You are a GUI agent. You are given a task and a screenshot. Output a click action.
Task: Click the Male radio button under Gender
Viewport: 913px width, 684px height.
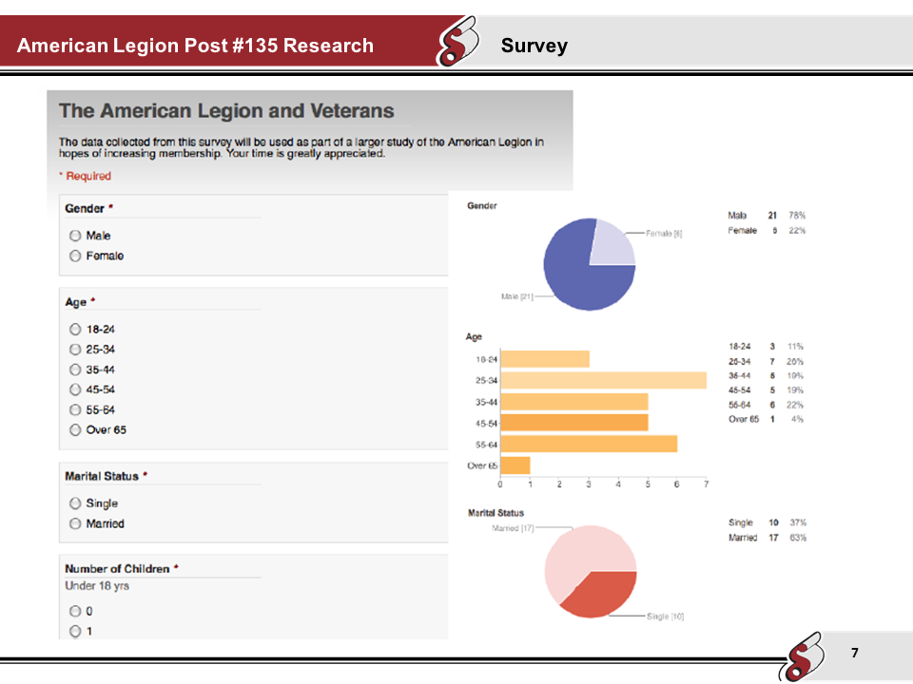click(x=74, y=236)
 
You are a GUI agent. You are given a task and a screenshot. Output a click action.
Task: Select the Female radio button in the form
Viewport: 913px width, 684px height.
click(x=74, y=256)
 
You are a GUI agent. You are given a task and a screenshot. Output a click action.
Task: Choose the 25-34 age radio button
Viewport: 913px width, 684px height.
click(x=74, y=350)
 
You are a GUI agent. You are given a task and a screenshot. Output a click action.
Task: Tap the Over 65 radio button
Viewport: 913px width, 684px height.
click(x=74, y=430)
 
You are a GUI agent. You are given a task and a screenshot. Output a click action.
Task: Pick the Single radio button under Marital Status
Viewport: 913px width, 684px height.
click(x=74, y=503)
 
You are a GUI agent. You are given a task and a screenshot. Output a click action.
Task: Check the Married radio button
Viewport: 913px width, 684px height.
click(x=74, y=524)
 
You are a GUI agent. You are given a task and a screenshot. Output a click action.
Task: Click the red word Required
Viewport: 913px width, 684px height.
click(x=87, y=176)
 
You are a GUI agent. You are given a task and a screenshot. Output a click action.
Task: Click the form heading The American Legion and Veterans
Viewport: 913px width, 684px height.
click(x=226, y=111)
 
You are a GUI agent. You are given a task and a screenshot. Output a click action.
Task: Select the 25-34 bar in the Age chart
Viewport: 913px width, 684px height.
click(x=603, y=380)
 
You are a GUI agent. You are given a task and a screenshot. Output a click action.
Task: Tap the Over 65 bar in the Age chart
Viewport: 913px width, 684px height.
click(x=515, y=465)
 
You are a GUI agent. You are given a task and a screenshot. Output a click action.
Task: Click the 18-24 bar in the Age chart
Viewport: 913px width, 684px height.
click(x=545, y=359)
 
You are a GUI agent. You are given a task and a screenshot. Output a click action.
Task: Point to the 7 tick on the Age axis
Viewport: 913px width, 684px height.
click(x=706, y=484)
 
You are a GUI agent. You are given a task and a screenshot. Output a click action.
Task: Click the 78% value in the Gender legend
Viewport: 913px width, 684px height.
click(x=796, y=216)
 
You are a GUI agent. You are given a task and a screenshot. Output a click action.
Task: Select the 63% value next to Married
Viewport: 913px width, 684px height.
click(x=797, y=538)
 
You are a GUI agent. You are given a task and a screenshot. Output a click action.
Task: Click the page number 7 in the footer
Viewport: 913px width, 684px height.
click(x=854, y=653)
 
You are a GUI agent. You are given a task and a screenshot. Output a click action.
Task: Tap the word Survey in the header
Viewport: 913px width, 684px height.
click(x=534, y=46)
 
